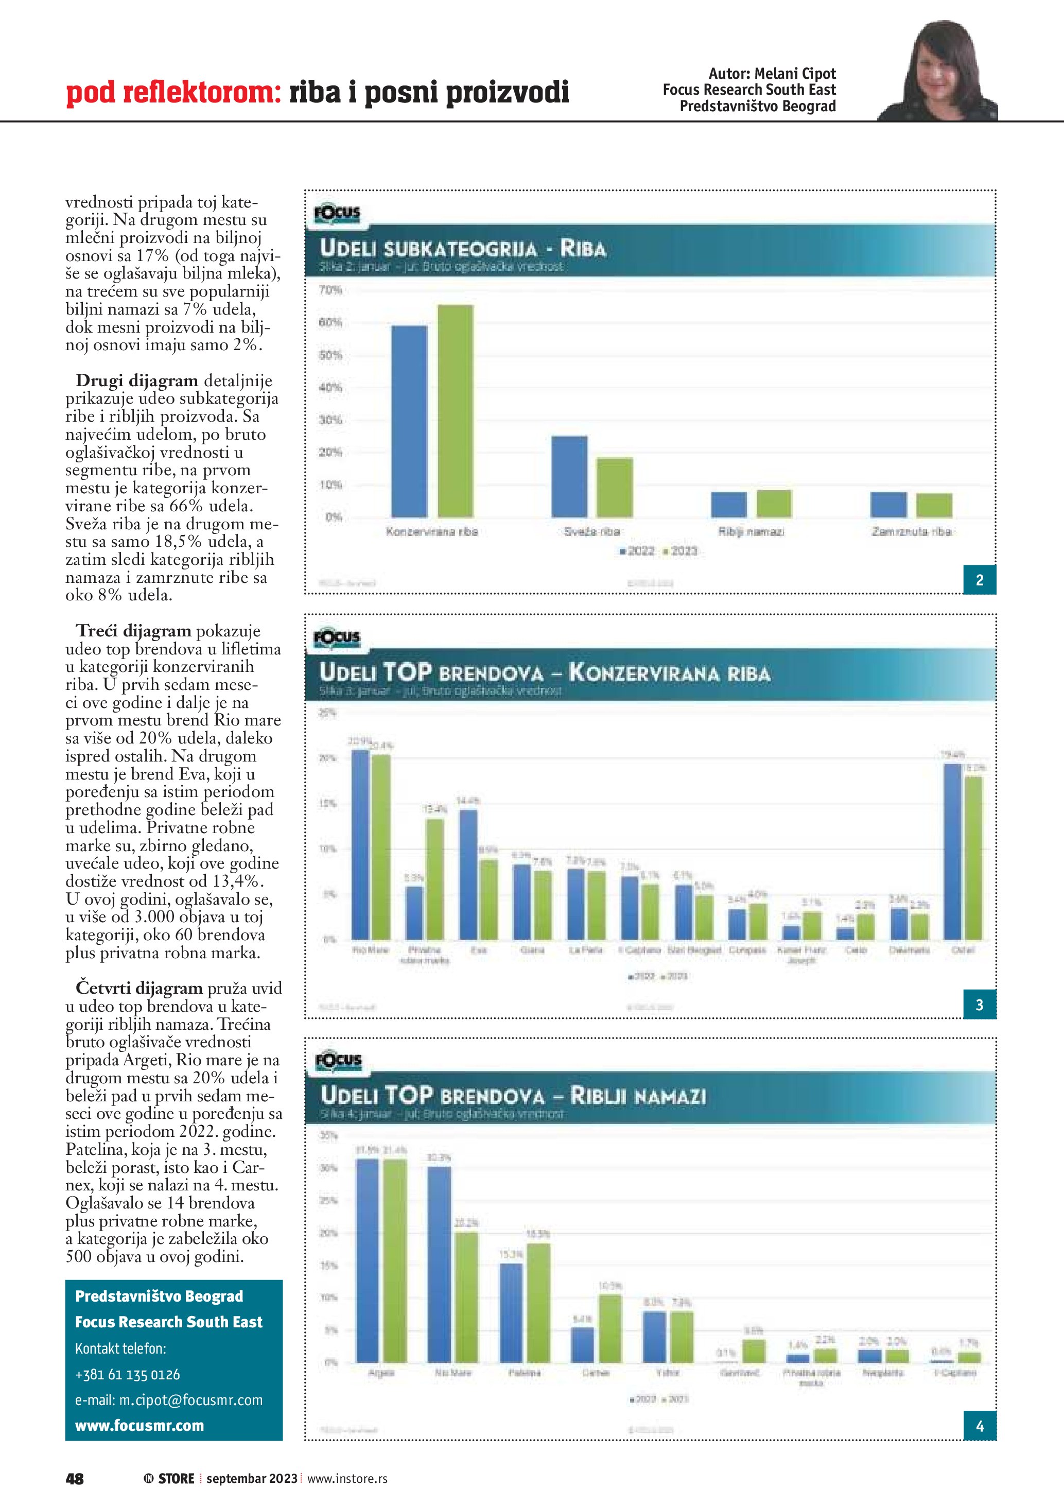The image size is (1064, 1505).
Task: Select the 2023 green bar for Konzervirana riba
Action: point(456,411)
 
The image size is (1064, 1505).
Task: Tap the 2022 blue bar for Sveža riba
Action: point(569,477)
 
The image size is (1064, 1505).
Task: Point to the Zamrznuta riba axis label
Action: point(911,531)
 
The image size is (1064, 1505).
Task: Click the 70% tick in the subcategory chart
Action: point(330,290)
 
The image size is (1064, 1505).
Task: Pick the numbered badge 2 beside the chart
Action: point(980,579)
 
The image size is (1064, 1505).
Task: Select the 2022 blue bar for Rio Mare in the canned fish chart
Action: point(360,845)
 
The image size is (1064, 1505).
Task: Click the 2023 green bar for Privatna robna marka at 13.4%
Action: point(434,879)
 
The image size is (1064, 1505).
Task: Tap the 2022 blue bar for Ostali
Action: point(952,852)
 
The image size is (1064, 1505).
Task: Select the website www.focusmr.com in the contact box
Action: point(139,1426)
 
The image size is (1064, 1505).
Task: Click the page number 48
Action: point(75,1479)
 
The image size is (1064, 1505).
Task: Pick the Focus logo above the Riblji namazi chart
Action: point(337,1061)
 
